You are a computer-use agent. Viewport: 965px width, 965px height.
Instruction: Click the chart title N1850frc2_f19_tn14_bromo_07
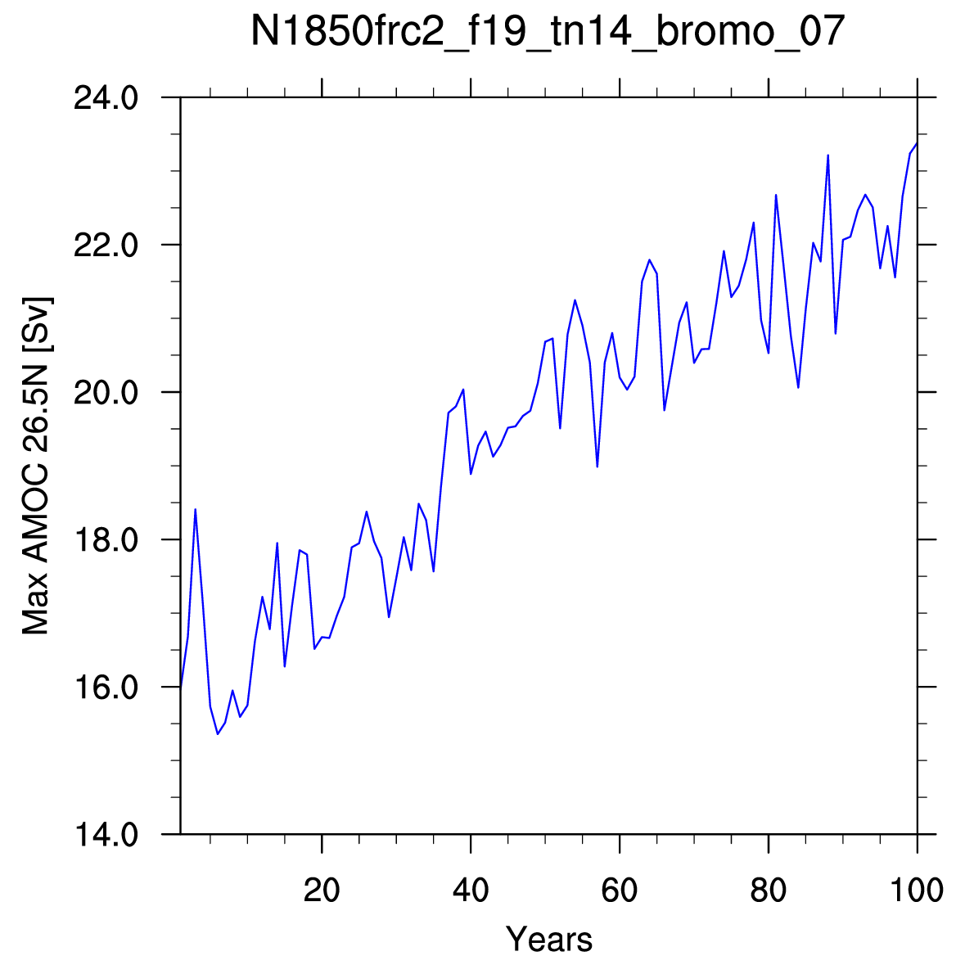coord(548,31)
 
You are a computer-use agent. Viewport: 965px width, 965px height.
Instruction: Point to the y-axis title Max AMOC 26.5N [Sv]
coord(36,466)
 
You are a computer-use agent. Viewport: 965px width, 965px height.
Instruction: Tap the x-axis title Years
coord(549,939)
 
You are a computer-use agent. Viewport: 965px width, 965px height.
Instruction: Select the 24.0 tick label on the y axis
coord(106,98)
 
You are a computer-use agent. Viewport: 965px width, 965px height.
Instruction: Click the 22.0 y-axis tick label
coord(106,245)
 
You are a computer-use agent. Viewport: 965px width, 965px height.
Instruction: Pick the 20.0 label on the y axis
coord(106,392)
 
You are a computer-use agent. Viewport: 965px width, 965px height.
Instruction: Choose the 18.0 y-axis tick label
coord(106,539)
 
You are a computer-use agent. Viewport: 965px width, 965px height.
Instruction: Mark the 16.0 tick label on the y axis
coord(106,687)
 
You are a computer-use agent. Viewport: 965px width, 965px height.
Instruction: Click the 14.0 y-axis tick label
coord(106,835)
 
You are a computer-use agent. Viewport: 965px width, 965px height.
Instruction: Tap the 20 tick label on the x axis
coord(322,890)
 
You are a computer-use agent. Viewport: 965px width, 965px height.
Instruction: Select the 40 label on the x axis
coord(471,890)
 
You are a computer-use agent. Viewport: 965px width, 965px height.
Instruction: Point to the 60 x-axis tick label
coord(620,890)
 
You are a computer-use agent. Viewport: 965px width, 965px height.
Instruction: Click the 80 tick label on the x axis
coord(769,890)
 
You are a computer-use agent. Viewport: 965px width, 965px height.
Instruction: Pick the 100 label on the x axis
coord(917,890)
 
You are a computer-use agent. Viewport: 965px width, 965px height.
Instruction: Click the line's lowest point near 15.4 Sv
coord(218,733)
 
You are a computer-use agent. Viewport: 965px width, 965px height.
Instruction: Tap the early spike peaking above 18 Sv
coord(195,510)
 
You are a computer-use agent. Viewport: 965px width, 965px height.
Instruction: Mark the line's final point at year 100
coord(917,143)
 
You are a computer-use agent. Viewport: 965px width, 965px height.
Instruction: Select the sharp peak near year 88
coord(827,155)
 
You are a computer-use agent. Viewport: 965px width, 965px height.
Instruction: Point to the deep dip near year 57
coord(597,467)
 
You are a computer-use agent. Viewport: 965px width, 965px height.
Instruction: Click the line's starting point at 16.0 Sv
coord(180,687)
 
